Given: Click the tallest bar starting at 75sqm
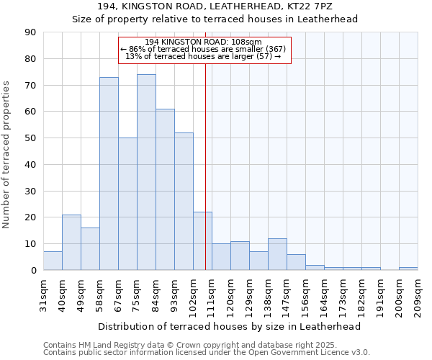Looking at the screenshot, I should pos(146,172).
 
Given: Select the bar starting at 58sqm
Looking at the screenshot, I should pos(109,174).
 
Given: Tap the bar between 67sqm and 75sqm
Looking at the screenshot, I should pos(127,204).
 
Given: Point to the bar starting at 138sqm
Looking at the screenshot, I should pos(277,254).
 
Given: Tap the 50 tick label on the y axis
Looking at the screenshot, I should pos(30,138).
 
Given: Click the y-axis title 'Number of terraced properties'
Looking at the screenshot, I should pos(7,155).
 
